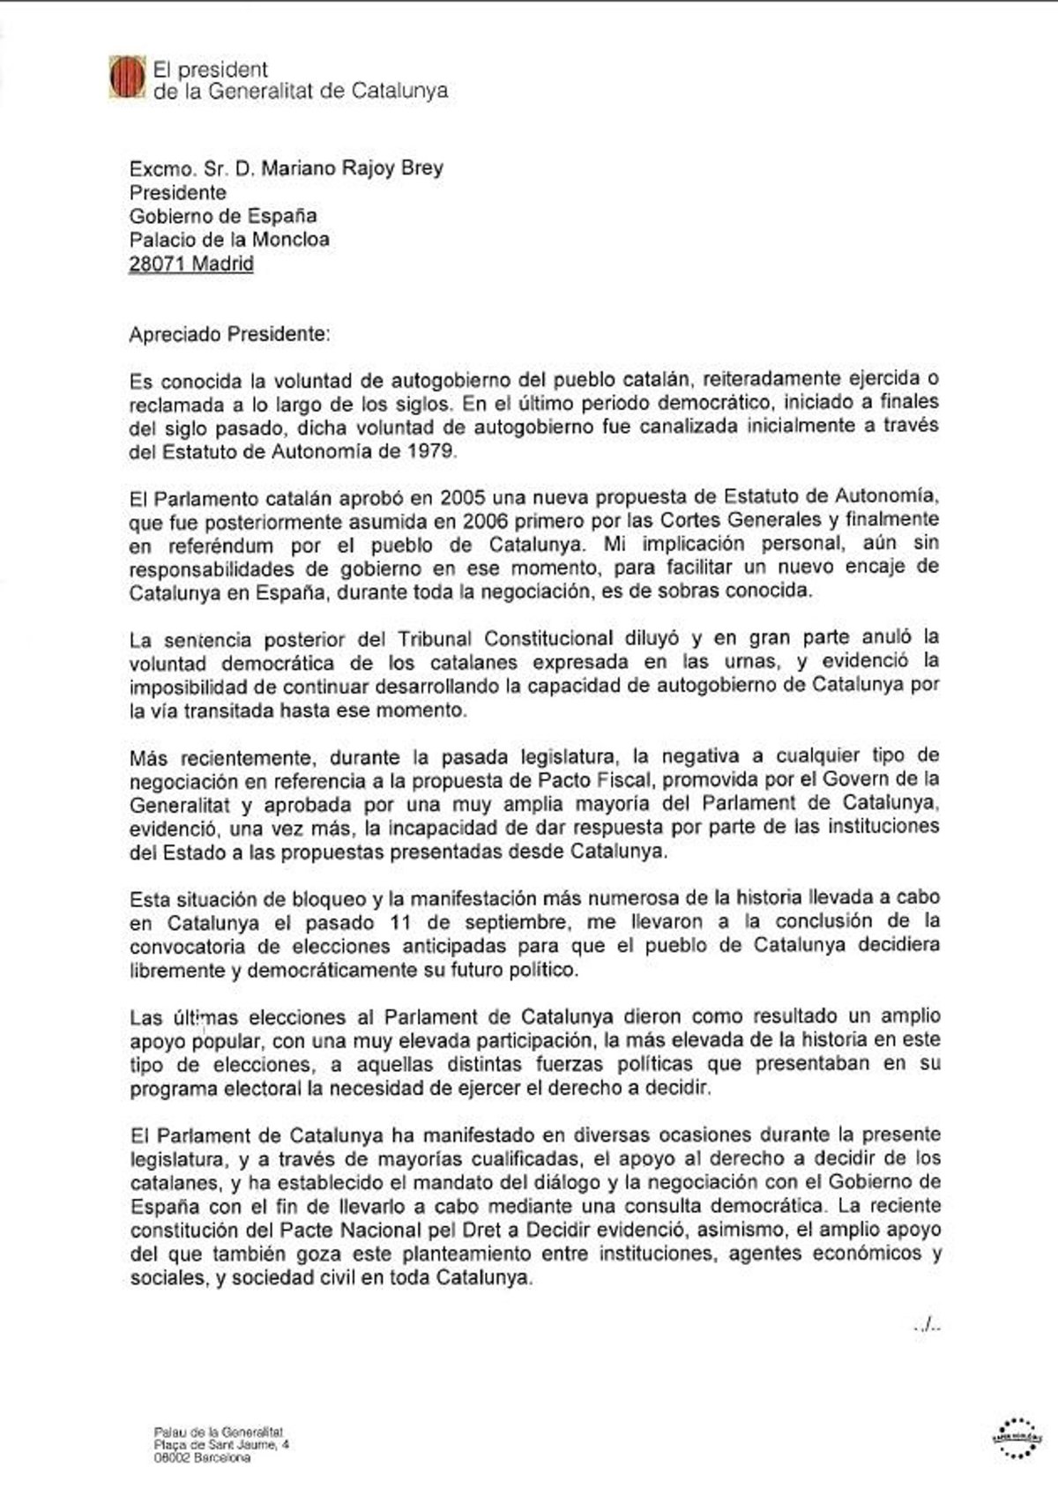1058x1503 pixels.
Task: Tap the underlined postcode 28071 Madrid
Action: [x=191, y=263]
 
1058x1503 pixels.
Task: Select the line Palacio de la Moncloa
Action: [x=229, y=239]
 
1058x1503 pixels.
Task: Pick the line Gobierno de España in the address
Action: [x=223, y=215]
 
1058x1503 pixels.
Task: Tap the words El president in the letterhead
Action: [x=211, y=69]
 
